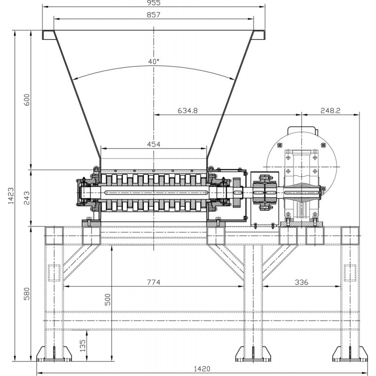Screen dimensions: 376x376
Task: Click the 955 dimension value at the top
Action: (154, 3)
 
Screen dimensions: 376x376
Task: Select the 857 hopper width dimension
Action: (154, 15)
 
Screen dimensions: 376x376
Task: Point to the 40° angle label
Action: (154, 62)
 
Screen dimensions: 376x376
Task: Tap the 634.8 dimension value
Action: (188, 110)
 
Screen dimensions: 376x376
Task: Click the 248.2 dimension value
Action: (330, 110)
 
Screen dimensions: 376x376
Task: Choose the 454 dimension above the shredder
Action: (154, 144)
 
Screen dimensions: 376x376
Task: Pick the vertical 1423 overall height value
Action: (11, 196)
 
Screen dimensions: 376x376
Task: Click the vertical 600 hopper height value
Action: (27, 100)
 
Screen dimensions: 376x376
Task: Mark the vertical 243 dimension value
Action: (27, 198)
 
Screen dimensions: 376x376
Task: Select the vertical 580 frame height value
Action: (27, 294)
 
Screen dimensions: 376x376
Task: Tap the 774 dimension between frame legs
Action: (154, 282)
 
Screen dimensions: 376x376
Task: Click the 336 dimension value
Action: (301, 282)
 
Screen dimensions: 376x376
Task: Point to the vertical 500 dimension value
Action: (108, 299)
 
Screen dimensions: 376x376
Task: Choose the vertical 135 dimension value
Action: (83, 345)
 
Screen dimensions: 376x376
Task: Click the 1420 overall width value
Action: (202, 369)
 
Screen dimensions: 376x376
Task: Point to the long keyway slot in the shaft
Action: (157, 193)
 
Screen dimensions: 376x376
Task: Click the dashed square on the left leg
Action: (54, 273)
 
